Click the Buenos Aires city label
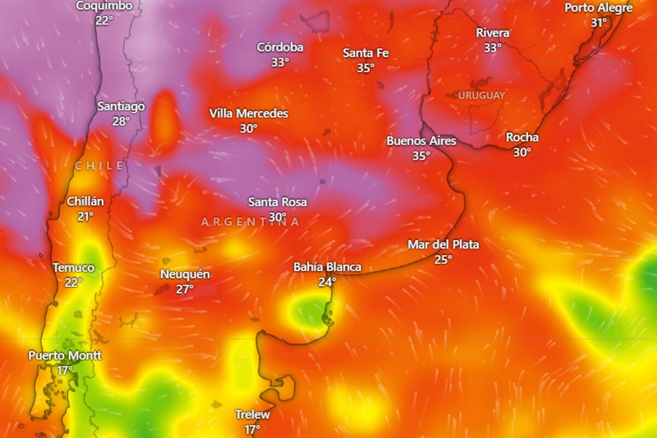[421, 141]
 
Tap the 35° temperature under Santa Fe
[366, 68]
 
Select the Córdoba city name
[280, 47]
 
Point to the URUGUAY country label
[481, 95]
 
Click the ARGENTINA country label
[251, 222]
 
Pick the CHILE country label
[99, 165]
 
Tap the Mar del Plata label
[443, 244]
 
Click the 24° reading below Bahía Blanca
[327, 282]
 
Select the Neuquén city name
[185, 274]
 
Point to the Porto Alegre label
[598, 8]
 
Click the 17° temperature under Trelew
[252, 429]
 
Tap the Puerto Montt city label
[65, 355]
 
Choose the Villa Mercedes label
[249, 113]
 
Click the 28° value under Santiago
[121, 121]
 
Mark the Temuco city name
[73, 268]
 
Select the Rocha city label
[522, 137]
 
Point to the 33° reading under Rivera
[492, 48]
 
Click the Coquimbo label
[104, 6]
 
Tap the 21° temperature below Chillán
[85, 216]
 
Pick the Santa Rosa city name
[277, 201]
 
